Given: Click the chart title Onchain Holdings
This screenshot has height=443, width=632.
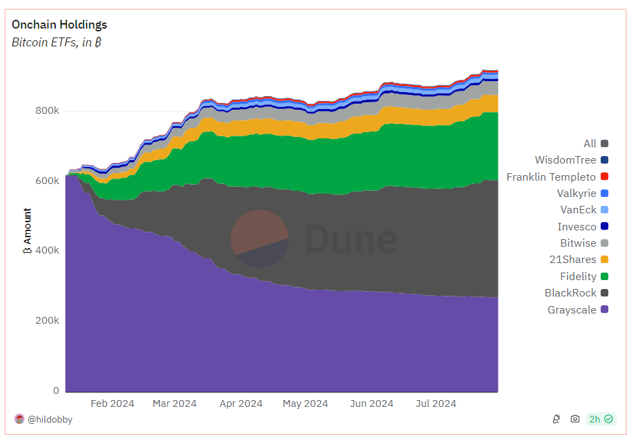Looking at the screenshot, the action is tap(59, 25).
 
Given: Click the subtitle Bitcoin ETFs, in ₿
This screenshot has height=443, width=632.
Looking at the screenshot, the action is tap(57, 42).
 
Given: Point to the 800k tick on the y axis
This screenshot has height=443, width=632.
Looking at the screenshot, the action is tap(47, 110).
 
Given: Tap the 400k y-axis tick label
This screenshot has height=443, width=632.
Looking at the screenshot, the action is tap(47, 251).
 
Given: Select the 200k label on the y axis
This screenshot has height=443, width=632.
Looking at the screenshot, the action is tap(47, 321).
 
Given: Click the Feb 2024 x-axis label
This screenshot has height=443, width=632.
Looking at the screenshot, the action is tap(112, 403).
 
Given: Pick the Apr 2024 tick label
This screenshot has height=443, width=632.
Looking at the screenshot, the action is tap(241, 403).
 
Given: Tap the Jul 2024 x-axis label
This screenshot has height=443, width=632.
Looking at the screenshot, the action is tap(436, 403).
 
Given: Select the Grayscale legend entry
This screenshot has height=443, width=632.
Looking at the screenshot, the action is tap(578, 310).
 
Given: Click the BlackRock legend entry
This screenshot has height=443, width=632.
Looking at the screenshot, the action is tap(576, 293).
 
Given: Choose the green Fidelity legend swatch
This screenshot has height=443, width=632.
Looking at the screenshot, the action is tap(605, 277).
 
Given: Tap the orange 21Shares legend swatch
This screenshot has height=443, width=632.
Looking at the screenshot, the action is tap(605, 260).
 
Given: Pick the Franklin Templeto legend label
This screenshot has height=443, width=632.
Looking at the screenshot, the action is tap(551, 177).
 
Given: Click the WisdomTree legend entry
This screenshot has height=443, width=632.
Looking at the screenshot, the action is tap(571, 160).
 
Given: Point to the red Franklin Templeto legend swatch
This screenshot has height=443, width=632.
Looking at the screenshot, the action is tap(605, 177).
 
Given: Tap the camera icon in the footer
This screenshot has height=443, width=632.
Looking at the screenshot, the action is tap(575, 419).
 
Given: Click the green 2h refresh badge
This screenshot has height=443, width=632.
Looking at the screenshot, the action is tap(601, 419).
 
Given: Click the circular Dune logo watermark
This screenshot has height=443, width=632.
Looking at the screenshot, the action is tap(260, 239).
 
